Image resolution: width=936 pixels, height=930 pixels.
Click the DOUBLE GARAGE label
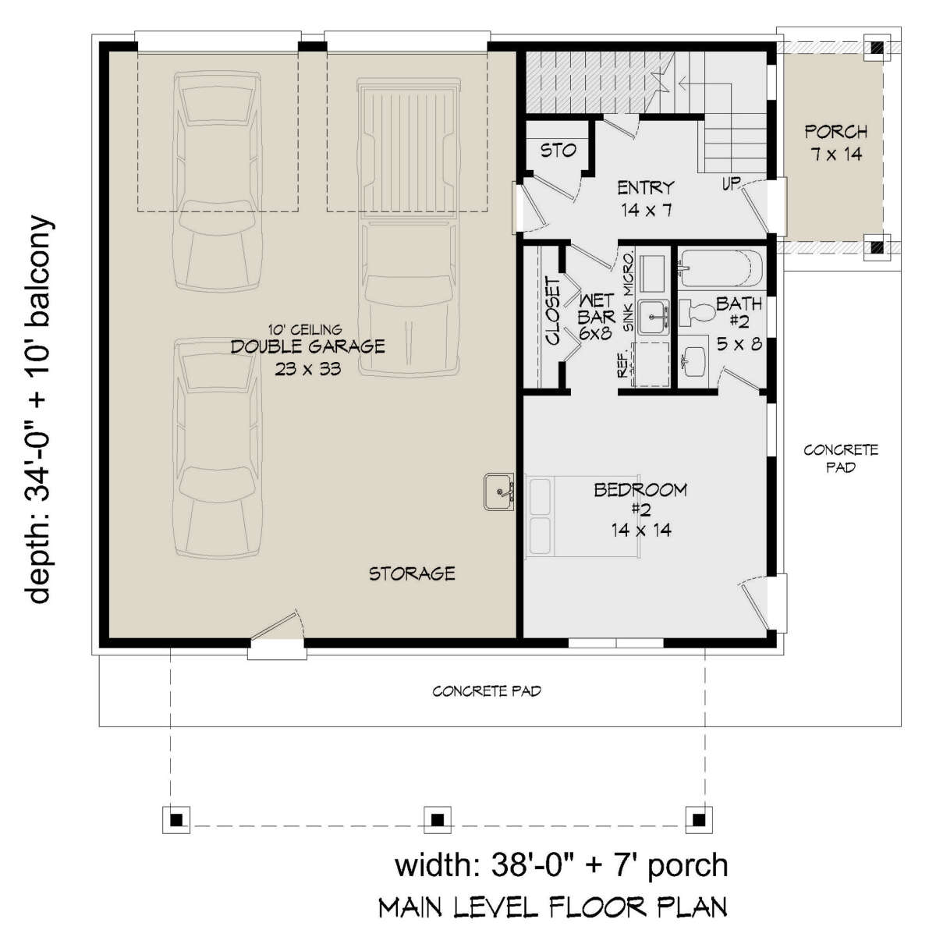point(307,346)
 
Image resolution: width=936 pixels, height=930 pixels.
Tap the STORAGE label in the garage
point(412,574)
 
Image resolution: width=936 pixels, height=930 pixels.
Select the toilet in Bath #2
point(697,313)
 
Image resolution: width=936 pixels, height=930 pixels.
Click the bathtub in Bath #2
point(720,268)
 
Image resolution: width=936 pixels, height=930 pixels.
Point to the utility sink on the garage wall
point(499,492)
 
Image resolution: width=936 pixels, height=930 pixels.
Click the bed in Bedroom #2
point(583,516)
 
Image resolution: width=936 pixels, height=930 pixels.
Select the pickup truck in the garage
point(409,227)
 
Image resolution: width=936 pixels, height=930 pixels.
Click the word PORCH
point(836,131)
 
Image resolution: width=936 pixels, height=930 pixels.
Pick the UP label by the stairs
point(731,183)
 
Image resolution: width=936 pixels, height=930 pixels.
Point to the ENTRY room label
point(646,187)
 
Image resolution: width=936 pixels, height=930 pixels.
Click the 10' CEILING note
point(307,330)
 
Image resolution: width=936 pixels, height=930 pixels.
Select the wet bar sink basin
point(654,317)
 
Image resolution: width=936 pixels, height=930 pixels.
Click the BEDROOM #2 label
point(640,509)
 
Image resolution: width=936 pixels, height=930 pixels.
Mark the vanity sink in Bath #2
point(695,361)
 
